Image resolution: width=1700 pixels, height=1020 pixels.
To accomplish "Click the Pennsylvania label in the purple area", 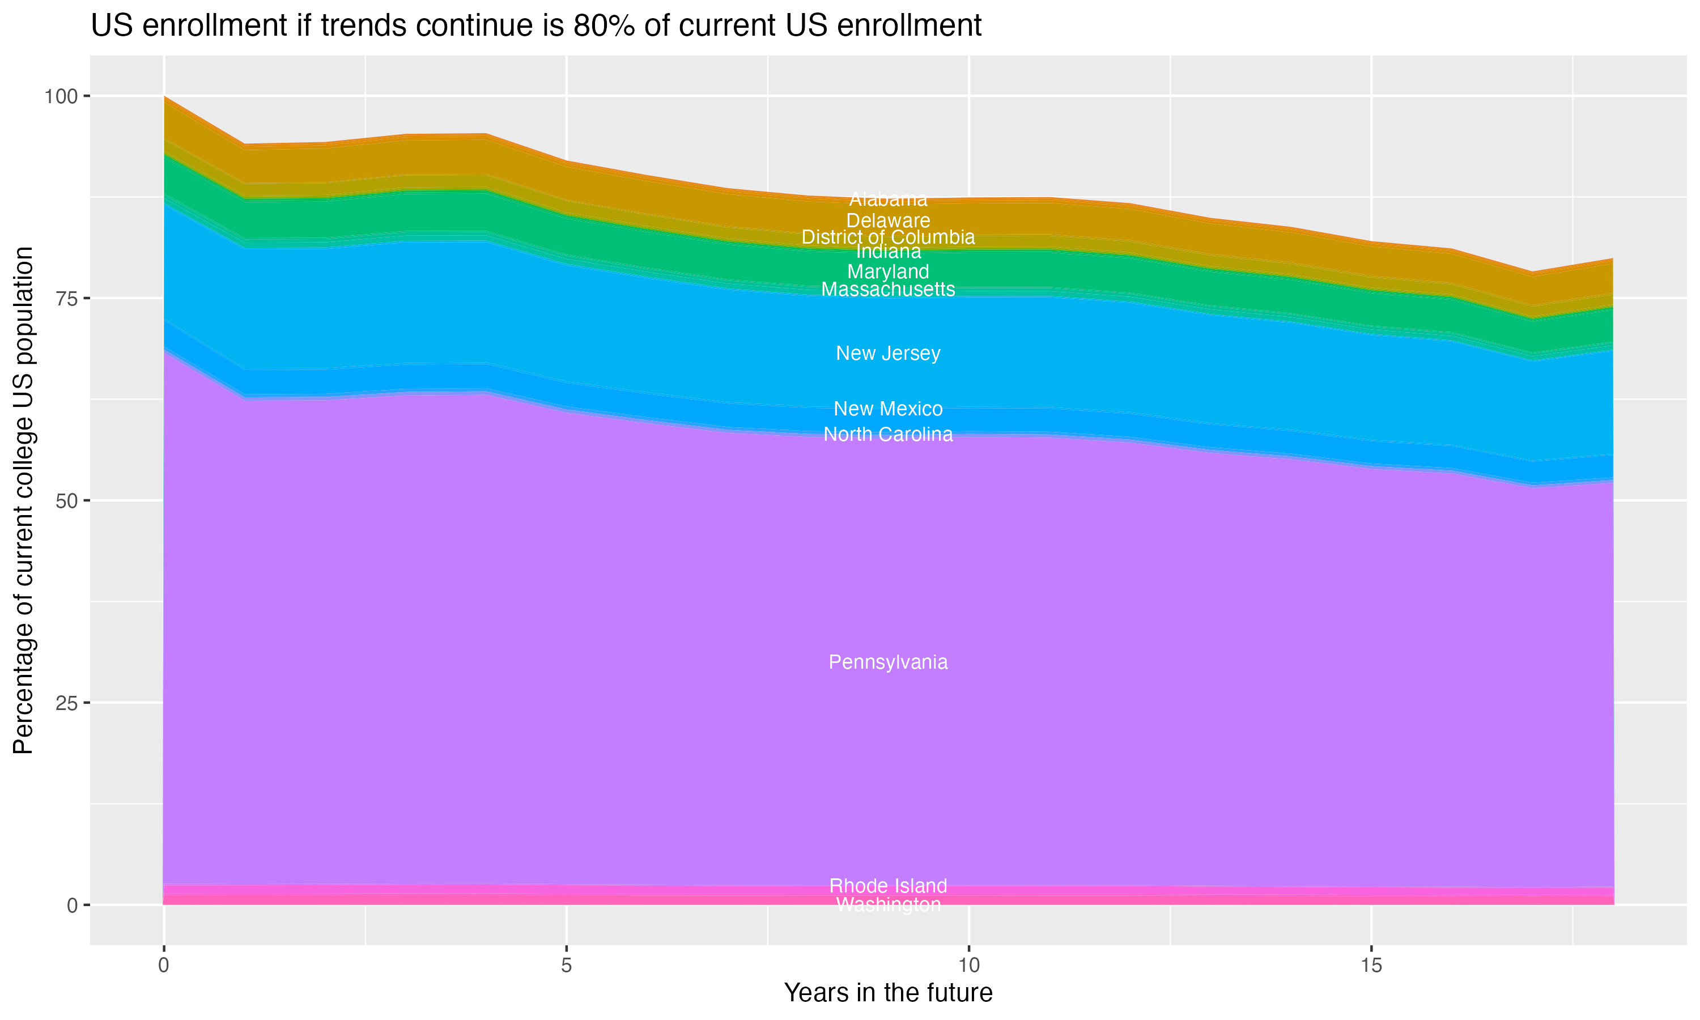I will [x=888, y=662].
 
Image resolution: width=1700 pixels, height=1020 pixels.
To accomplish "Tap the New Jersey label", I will [x=888, y=353].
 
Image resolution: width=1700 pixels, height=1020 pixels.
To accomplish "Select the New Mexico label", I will [x=888, y=409].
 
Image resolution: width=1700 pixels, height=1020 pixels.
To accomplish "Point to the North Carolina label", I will [x=888, y=435].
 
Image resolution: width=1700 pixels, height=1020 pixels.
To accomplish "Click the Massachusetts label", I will [x=888, y=290].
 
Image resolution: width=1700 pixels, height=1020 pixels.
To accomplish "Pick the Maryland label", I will [x=888, y=271].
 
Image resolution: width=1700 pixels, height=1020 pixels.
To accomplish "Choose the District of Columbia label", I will [x=888, y=237].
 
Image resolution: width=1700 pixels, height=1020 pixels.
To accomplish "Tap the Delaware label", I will [x=888, y=220].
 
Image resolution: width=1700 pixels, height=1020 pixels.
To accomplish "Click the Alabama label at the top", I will [x=888, y=199].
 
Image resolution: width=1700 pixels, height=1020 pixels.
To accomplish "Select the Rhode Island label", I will [x=888, y=885].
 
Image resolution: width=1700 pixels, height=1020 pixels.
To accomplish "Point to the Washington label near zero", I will [x=888, y=904].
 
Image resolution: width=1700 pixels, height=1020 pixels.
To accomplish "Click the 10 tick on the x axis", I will [x=968, y=966].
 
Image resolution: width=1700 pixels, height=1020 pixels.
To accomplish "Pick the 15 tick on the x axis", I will [x=1371, y=966].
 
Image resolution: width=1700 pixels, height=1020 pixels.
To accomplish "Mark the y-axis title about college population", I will [x=23, y=500].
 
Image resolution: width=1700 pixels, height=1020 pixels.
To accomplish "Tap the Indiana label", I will [x=888, y=252].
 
